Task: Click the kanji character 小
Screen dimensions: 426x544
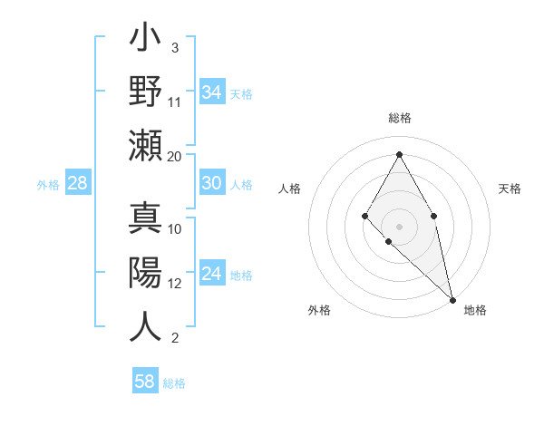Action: [x=146, y=41]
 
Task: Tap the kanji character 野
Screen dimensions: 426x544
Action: [x=146, y=92]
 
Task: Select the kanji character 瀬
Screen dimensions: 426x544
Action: [x=146, y=145]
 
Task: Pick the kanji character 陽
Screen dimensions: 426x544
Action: [x=146, y=272]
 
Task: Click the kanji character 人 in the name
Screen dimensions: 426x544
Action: [x=146, y=325]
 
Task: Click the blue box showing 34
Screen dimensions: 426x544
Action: [x=211, y=92]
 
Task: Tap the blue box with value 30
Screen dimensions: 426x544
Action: [x=211, y=183]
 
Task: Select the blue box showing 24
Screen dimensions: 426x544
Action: [x=211, y=274]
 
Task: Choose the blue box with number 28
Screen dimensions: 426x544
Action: [x=78, y=183]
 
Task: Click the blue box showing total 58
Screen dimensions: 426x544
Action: [x=145, y=382]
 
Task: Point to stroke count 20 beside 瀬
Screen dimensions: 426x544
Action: [x=175, y=156]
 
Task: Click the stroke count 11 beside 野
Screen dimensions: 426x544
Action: [x=175, y=102]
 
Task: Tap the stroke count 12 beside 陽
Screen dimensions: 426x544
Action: [x=175, y=283]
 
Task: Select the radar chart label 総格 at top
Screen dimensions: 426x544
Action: [x=399, y=119]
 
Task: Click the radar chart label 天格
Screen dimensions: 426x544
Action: [x=510, y=189]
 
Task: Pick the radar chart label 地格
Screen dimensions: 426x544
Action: [x=475, y=310]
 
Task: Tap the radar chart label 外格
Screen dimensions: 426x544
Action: [x=319, y=310]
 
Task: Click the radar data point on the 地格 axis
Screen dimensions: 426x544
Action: [x=452, y=298]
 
